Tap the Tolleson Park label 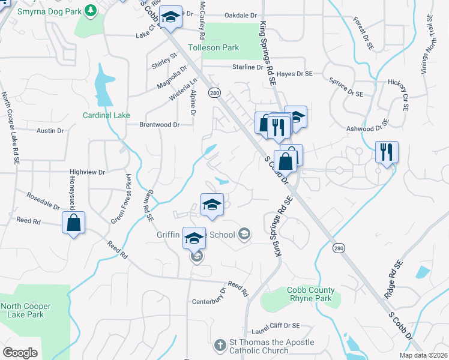click(214, 47)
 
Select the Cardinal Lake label click(106, 115)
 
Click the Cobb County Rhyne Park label click(310, 294)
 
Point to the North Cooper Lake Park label click(26, 310)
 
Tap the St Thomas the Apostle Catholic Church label click(271, 346)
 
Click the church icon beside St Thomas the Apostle click(220, 345)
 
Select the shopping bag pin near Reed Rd click(73, 223)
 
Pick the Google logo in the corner click(20, 352)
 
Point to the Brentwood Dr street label click(159, 125)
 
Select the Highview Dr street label click(87, 172)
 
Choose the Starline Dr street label click(248, 67)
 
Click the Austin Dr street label click(50, 130)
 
